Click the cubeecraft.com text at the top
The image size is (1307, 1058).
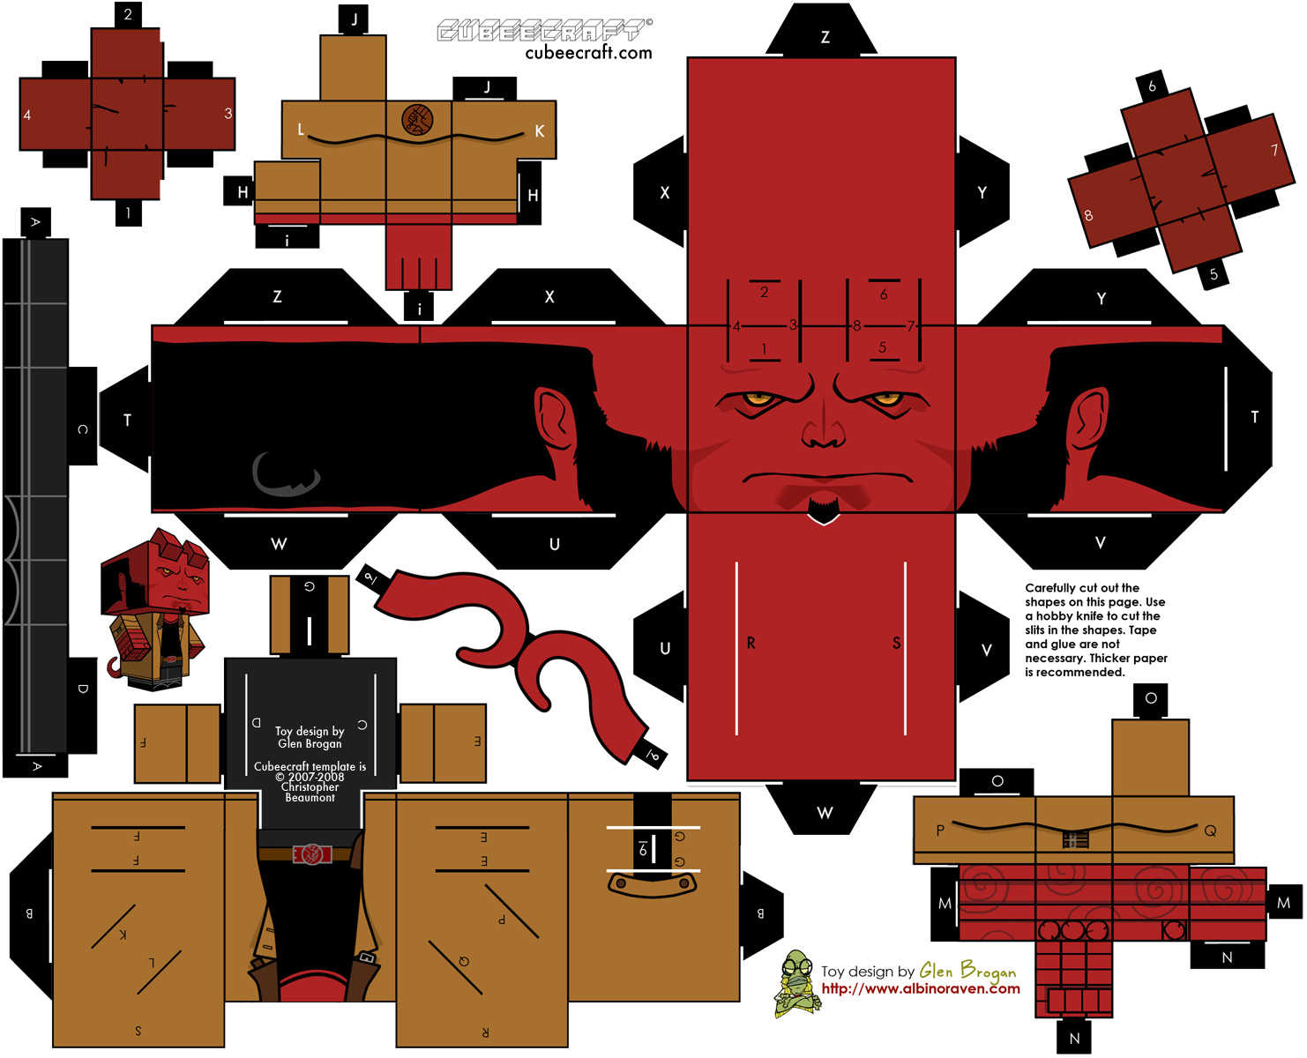click(588, 53)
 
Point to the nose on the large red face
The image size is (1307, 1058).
click(823, 428)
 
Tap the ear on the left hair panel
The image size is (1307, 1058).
click(554, 419)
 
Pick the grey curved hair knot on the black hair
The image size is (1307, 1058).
click(285, 476)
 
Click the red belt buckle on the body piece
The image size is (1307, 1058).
click(312, 853)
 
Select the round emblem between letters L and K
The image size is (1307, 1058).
click(417, 118)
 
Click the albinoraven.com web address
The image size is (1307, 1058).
click(920, 989)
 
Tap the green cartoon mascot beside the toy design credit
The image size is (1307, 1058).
click(796, 983)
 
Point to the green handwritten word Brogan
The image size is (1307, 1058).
click(988, 971)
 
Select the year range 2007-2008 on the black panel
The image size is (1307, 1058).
click(310, 777)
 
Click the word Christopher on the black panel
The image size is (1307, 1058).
click(310, 787)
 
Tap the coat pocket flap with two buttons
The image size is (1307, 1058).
click(652, 884)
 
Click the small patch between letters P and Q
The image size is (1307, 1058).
click(1075, 839)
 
